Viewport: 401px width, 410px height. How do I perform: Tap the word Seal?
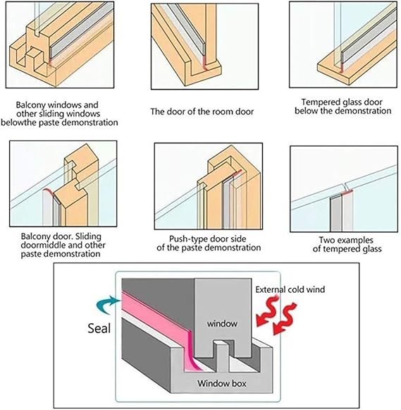tap(99, 328)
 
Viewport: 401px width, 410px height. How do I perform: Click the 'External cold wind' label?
tap(290, 289)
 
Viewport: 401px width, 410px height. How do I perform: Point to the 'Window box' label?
tap(222, 384)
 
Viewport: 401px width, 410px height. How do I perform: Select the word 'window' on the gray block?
tap(222, 324)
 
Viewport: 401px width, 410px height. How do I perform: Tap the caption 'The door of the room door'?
tap(202, 111)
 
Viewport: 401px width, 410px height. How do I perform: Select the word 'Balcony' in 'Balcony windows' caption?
tap(31, 105)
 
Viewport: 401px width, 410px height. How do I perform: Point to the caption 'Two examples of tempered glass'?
tap(347, 244)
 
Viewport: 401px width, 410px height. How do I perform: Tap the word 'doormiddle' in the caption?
tap(42, 246)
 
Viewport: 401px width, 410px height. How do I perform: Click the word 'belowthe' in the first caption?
tap(18, 122)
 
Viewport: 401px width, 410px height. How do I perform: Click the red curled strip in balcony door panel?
tap(49, 191)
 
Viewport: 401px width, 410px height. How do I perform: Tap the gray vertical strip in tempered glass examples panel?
tap(335, 213)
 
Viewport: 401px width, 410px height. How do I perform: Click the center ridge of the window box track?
tap(221, 356)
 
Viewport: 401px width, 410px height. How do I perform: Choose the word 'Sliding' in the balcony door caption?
tap(87, 236)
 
